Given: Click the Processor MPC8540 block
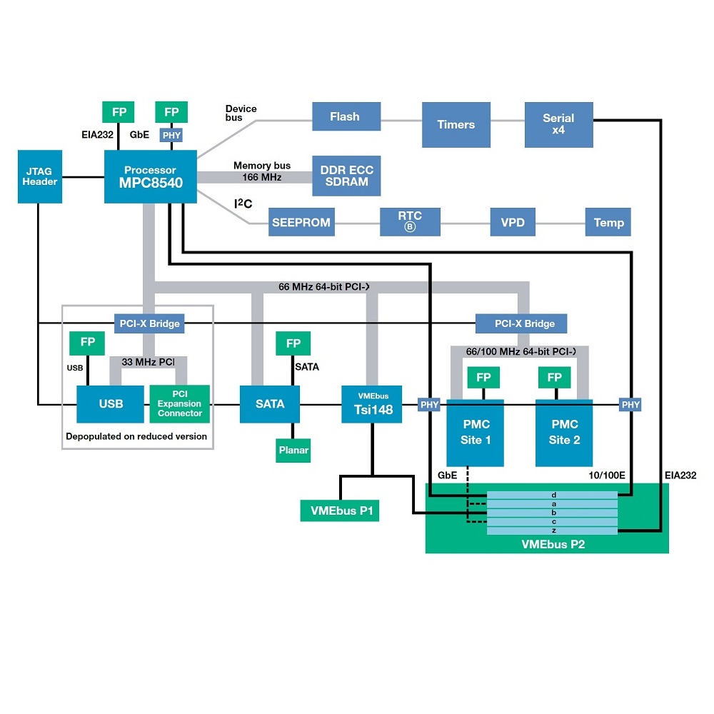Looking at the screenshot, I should pos(150,176).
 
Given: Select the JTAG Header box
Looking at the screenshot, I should pos(40,176).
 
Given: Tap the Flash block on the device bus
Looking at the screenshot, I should pos(345,116).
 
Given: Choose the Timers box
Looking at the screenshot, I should pos(456,125).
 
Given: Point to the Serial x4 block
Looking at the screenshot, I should pos(558,125).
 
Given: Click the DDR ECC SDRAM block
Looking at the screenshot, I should pos(346,176).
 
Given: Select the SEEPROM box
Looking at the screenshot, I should pos(301,223).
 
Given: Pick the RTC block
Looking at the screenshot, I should pos(410,222).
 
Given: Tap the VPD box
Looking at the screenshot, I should pos(513,223).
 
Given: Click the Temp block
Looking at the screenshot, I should pos(608,223).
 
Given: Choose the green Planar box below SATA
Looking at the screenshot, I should pos(293,451).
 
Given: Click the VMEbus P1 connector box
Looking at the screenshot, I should pos(339,511).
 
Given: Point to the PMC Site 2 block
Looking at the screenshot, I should pos(564,433).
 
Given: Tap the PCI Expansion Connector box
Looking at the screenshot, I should pos(180,404).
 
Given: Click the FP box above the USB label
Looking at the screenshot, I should pos(87,343).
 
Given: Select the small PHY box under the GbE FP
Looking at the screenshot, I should pos(171,134).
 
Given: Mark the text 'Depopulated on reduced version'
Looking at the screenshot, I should pos(136,436).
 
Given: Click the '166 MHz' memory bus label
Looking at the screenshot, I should pos(262,177).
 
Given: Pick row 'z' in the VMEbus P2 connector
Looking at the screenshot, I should pos(553,531).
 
